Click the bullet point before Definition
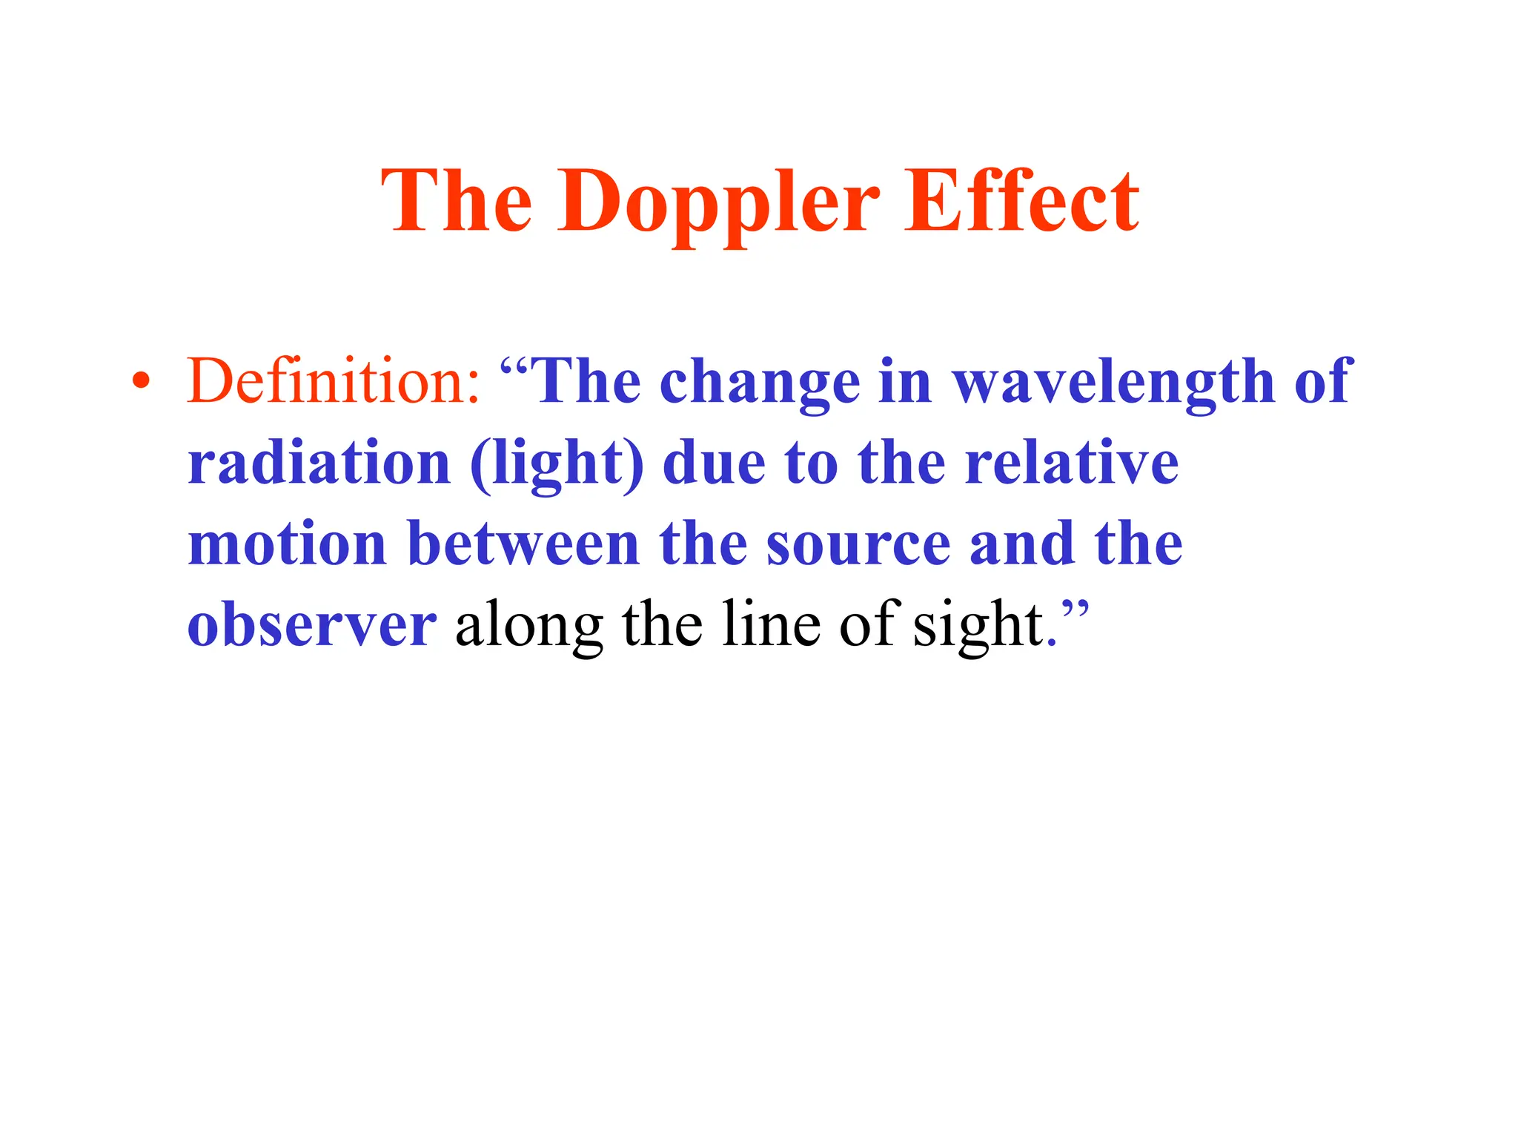point(140,382)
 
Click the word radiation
point(319,463)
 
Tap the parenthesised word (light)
point(557,464)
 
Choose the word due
point(714,463)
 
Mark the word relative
point(1072,463)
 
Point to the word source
point(858,545)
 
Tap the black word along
point(528,627)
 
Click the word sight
point(978,627)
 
